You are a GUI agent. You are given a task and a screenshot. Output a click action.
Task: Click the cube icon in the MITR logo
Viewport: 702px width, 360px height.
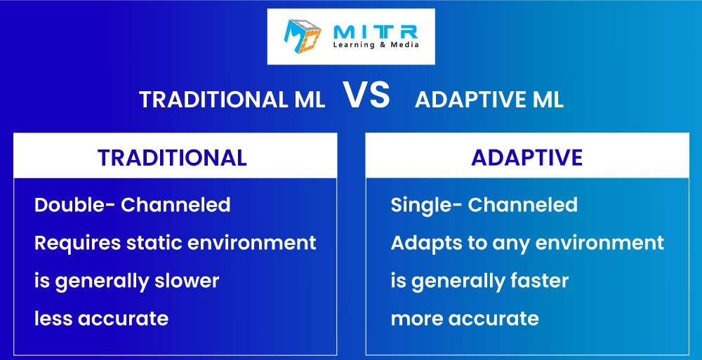point(303,36)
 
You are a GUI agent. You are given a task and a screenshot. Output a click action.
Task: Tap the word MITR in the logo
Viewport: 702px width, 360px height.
point(376,32)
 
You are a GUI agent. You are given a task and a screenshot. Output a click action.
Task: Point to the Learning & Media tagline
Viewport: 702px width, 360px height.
point(376,45)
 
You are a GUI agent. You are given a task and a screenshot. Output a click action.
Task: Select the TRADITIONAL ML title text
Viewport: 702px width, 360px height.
point(232,100)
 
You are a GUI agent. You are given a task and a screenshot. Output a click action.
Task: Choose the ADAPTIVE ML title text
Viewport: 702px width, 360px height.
point(489,100)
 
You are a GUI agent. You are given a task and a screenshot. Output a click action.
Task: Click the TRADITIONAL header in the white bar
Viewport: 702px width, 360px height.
point(173,158)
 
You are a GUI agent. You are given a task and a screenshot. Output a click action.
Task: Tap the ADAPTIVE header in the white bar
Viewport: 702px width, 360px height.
point(527,158)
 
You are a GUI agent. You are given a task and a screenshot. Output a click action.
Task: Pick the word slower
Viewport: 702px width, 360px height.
point(187,281)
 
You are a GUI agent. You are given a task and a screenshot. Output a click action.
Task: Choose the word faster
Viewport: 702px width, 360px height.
point(539,281)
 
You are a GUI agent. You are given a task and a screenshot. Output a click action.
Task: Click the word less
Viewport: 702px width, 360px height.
point(53,319)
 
